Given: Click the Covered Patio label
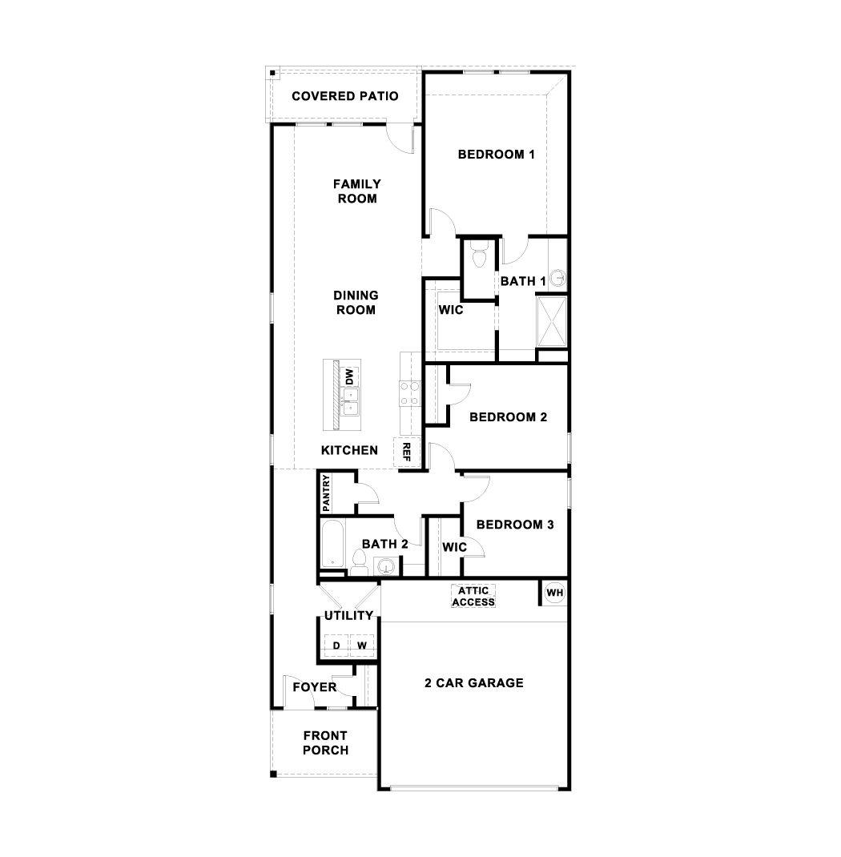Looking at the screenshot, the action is pos(345,96).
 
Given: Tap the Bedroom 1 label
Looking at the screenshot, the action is pos(496,155).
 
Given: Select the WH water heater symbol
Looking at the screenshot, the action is pos(554,593).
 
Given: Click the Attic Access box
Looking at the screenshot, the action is pos(473,596).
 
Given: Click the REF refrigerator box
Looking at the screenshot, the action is pos(407,452).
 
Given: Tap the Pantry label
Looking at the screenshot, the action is pos(326,493).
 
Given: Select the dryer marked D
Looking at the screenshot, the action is pos(336,646).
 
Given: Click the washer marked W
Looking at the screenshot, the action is pos(362,646).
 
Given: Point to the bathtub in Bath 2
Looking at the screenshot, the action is pos(332,545).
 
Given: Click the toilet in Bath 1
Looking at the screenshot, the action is pos(479,258).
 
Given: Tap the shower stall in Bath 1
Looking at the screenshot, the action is pos(551,321).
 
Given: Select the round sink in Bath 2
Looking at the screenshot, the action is pos(386,567).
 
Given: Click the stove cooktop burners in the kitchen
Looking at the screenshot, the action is pos(409,394).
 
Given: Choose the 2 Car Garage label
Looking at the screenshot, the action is pos(474,683).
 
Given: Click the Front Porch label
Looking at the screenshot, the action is pos(326,743).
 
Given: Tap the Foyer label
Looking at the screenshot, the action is pos(314,687).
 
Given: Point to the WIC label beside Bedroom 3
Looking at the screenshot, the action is pos(455,548).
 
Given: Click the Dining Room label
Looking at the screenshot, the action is pos(356,303).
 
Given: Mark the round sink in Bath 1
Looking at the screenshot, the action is pos(558,278).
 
